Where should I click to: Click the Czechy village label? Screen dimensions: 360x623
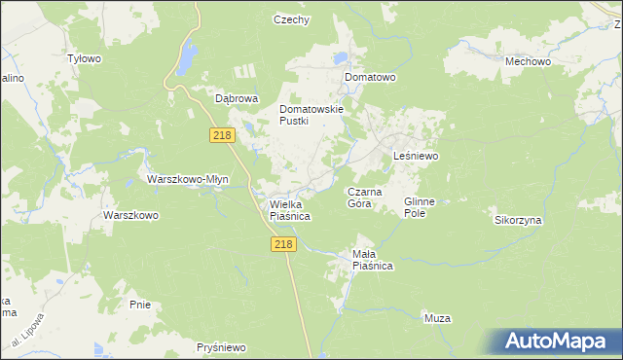click(291, 19)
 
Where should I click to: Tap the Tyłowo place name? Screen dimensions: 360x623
click(84, 58)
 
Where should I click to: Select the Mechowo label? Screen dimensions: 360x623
click(529, 61)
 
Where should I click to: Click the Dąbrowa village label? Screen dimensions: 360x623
click(236, 98)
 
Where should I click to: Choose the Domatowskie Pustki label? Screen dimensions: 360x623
click(311, 115)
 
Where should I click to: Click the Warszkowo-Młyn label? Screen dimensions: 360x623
click(187, 180)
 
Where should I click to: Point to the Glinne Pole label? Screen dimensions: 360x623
click(425, 206)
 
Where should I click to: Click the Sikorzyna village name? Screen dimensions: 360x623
click(518, 221)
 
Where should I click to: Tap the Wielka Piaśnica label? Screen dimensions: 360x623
click(289, 210)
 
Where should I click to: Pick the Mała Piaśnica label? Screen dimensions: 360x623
click(371, 259)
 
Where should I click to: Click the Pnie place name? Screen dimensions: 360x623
click(140, 305)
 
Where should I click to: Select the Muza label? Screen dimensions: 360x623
click(437, 318)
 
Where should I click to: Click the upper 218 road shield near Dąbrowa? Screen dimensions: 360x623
click(222, 135)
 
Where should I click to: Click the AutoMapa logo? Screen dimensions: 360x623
click(554, 341)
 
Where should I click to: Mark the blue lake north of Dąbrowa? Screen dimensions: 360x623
click(185, 58)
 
